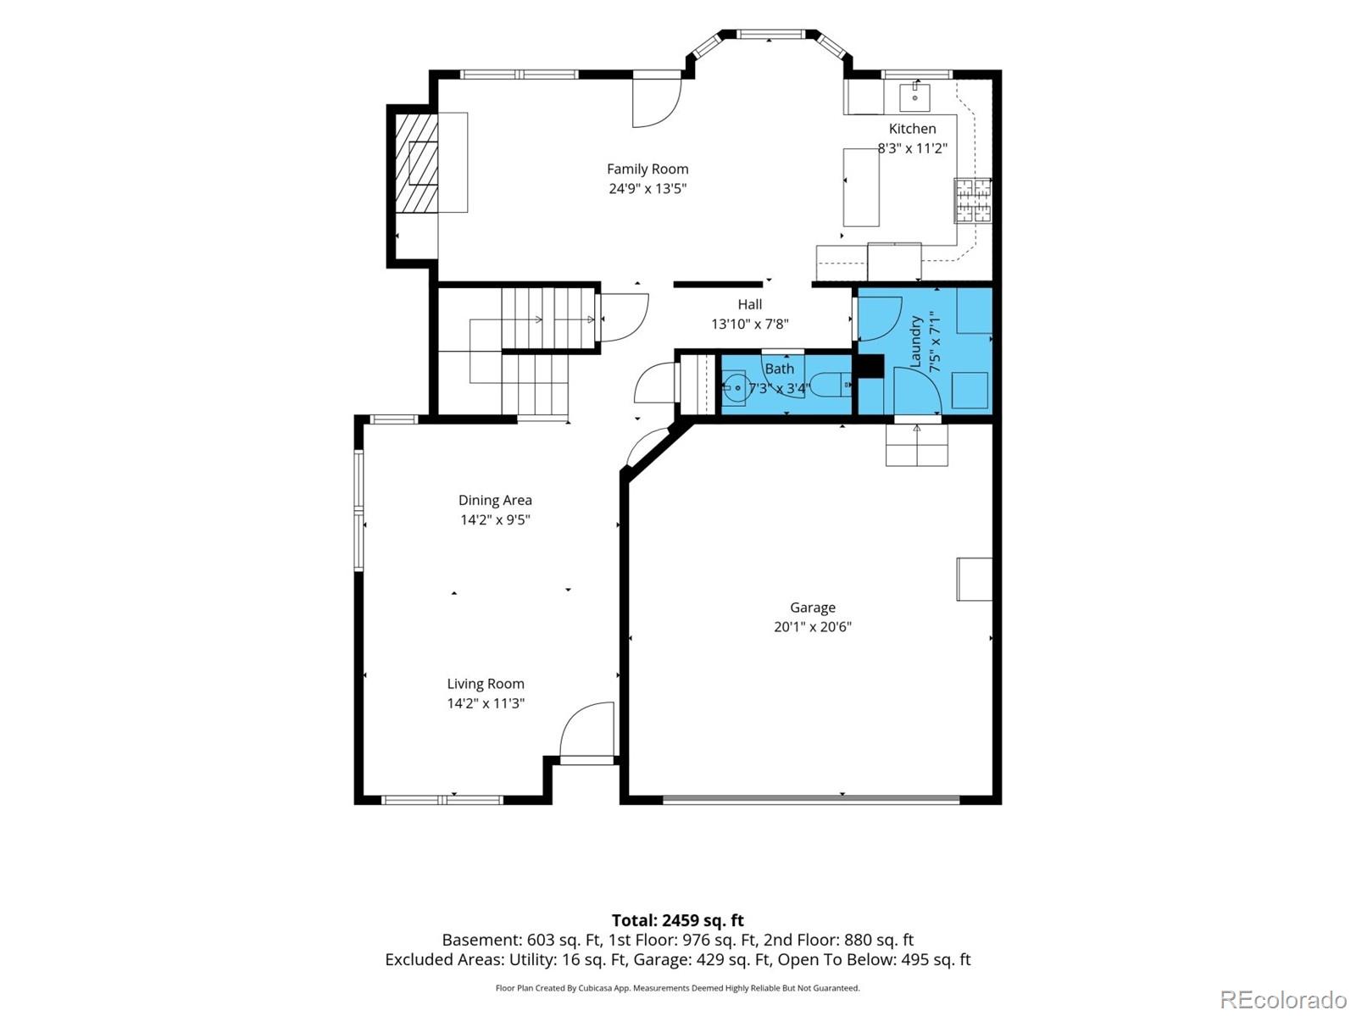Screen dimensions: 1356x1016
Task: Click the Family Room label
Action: (x=647, y=169)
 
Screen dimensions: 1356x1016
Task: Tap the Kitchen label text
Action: (x=912, y=129)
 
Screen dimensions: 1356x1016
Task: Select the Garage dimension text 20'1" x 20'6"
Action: (x=813, y=626)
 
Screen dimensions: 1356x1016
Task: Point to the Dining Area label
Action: (x=495, y=500)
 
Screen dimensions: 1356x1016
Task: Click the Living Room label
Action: (x=486, y=684)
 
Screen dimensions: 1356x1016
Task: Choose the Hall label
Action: (x=749, y=304)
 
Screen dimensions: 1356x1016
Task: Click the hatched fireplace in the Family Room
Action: (x=416, y=163)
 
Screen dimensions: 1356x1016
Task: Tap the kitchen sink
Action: (x=914, y=97)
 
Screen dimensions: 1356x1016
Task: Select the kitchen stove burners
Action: (x=972, y=199)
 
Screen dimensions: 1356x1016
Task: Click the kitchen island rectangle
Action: (x=861, y=187)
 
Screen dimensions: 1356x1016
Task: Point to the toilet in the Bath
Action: (x=830, y=384)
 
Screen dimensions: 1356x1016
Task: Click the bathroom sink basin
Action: (x=735, y=388)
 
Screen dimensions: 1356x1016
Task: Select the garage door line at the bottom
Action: (x=811, y=798)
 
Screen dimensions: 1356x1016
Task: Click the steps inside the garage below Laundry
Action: (x=916, y=445)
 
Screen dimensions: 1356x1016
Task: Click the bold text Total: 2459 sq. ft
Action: (x=678, y=920)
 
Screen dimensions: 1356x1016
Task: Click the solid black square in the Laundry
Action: (x=870, y=365)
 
